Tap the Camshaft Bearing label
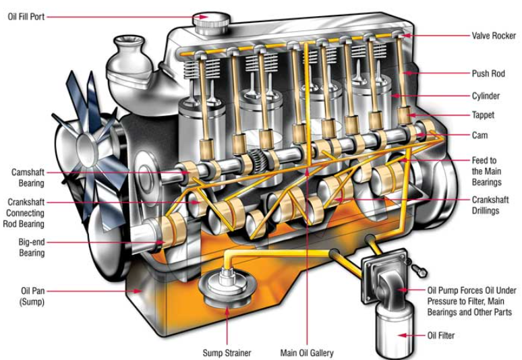28,177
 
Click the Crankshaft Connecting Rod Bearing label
26,213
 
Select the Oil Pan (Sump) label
27,297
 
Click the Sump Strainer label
227,353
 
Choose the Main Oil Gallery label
307,353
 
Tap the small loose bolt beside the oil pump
419,270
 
